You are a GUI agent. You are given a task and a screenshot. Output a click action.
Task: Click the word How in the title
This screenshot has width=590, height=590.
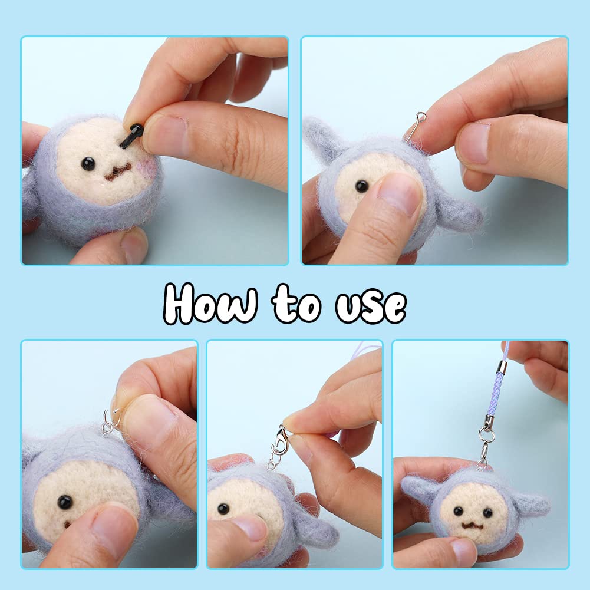point(211,304)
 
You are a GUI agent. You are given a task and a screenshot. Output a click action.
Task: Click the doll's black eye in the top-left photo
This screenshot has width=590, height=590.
point(88,164)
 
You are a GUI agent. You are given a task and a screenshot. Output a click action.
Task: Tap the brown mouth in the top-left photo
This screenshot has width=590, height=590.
point(118,172)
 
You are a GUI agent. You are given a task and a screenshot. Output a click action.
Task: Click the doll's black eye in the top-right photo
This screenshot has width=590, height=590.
point(362,186)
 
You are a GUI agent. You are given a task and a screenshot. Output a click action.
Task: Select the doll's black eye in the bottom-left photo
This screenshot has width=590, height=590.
point(65,502)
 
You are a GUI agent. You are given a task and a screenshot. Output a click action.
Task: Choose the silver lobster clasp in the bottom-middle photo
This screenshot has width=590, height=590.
point(281,439)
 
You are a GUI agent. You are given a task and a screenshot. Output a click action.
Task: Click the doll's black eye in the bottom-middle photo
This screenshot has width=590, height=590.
point(223,509)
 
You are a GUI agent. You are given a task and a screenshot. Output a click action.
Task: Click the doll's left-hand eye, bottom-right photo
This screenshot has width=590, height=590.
point(459,512)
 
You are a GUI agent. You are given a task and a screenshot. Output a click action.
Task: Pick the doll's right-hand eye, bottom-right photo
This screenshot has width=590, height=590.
point(487,512)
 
